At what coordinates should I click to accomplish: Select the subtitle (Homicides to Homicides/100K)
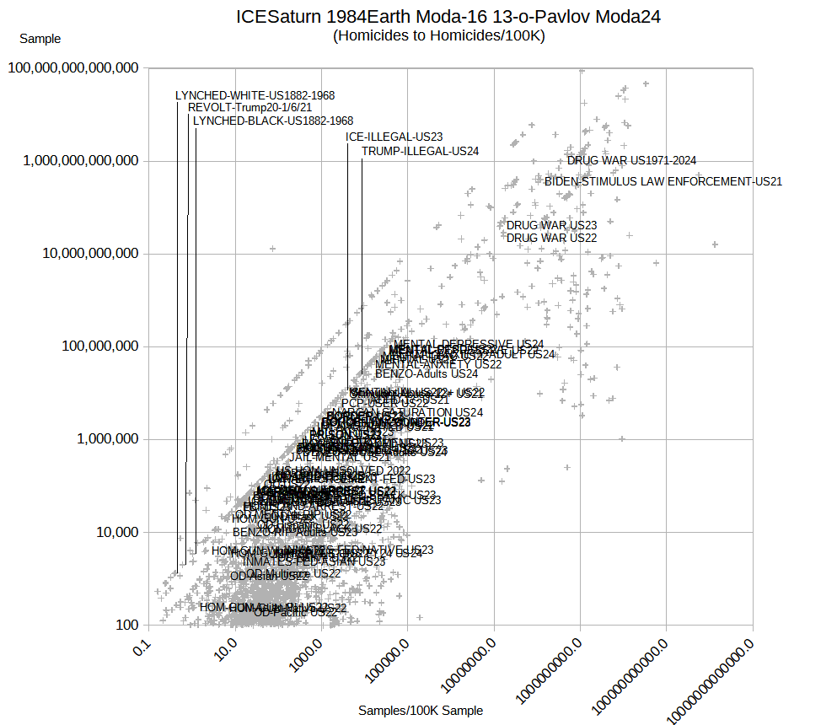[439, 35]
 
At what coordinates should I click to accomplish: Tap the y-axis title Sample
[40, 38]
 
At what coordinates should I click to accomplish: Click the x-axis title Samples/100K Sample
[421, 711]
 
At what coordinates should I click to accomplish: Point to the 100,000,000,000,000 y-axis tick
[73, 67]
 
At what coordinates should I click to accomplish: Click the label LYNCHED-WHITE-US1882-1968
[255, 95]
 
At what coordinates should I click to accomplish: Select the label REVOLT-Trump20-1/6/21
[249, 108]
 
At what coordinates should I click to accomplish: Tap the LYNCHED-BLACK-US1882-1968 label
[272, 121]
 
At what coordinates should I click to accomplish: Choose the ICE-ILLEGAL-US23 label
[394, 137]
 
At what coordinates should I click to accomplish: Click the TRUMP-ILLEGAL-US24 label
[420, 151]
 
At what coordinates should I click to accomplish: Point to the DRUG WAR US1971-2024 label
[631, 160]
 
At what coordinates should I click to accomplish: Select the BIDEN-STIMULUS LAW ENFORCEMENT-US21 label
[663, 180]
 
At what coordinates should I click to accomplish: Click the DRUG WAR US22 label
[551, 238]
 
